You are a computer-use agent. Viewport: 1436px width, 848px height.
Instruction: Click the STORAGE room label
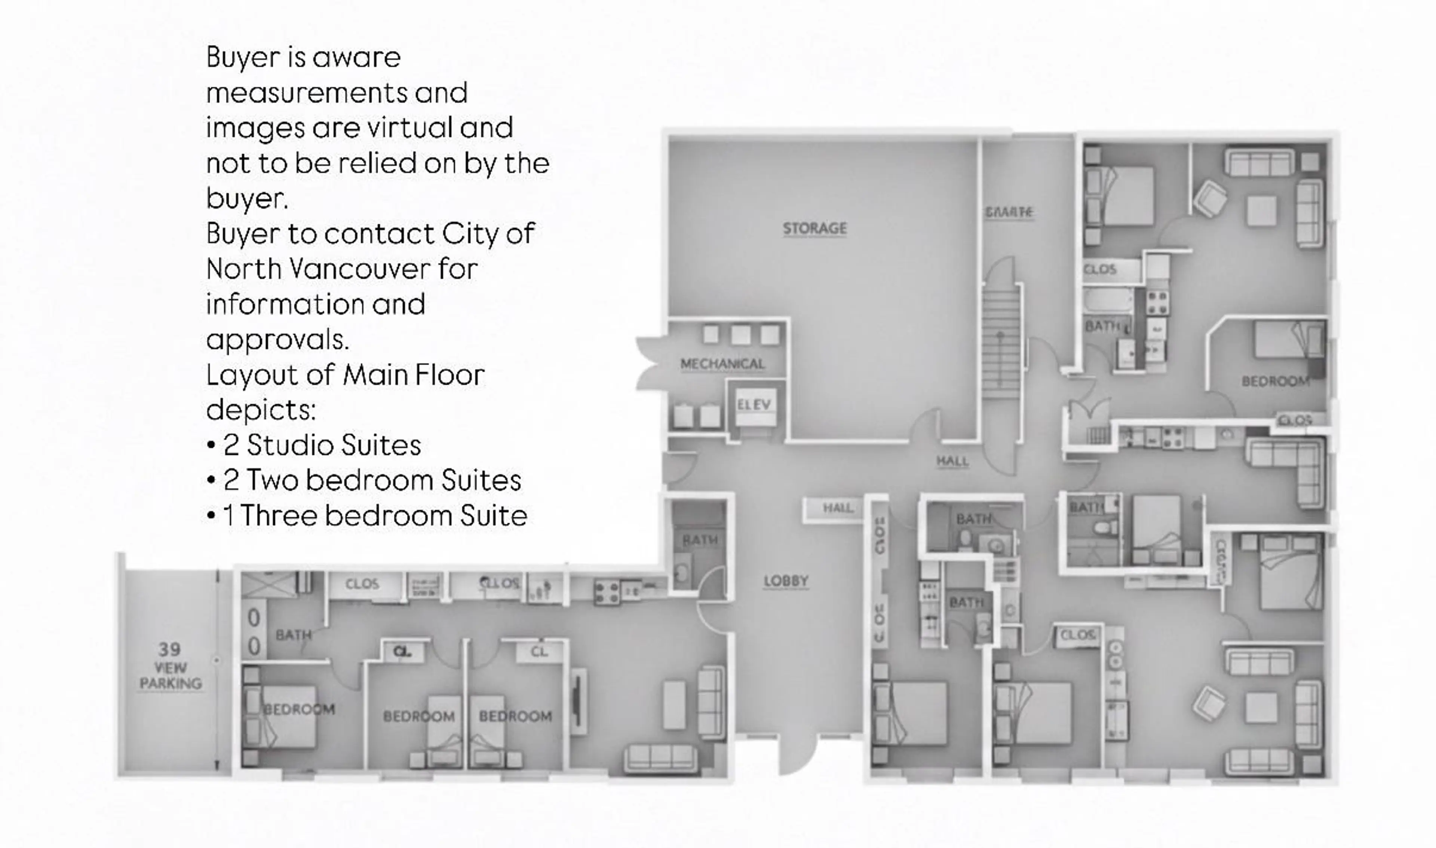click(x=814, y=229)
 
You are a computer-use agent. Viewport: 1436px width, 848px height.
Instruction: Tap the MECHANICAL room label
click(x=722, y=364)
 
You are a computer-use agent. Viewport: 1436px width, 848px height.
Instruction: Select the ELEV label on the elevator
click(x=754, y=405)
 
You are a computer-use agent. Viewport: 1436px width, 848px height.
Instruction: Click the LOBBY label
click(x=786, y=581)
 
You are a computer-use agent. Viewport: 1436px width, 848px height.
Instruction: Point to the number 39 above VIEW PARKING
click(x=170, y=649)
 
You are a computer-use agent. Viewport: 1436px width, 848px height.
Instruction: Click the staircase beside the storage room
click(x=1001, y=343)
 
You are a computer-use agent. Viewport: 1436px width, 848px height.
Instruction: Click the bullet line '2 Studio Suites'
click(x=322, y=445)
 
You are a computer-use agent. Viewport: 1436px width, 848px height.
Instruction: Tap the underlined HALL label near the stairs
click(x=952, y=461)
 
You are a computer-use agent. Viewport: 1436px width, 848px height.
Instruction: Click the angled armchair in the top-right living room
click(x=1209, y=198)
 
